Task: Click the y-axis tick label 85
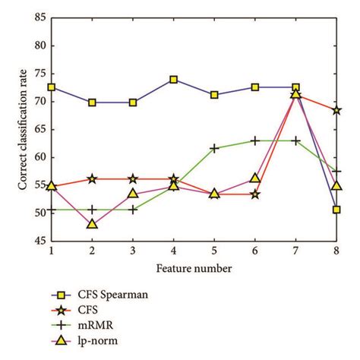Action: (39, 17)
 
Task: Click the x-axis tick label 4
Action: (173, 251)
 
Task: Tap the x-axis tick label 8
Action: (336, 251)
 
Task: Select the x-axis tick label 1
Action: (51, 251)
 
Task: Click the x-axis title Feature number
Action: (194, 267)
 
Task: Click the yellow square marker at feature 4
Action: (173, 79)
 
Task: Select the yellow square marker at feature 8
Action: (336, 210)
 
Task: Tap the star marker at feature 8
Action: (336, 110)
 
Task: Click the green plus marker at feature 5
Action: (214, 148)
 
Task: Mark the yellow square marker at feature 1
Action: (51, 87)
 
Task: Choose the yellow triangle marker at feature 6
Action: (255, 178)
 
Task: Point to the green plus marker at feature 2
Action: (92, 209)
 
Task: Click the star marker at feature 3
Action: (133, 178)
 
